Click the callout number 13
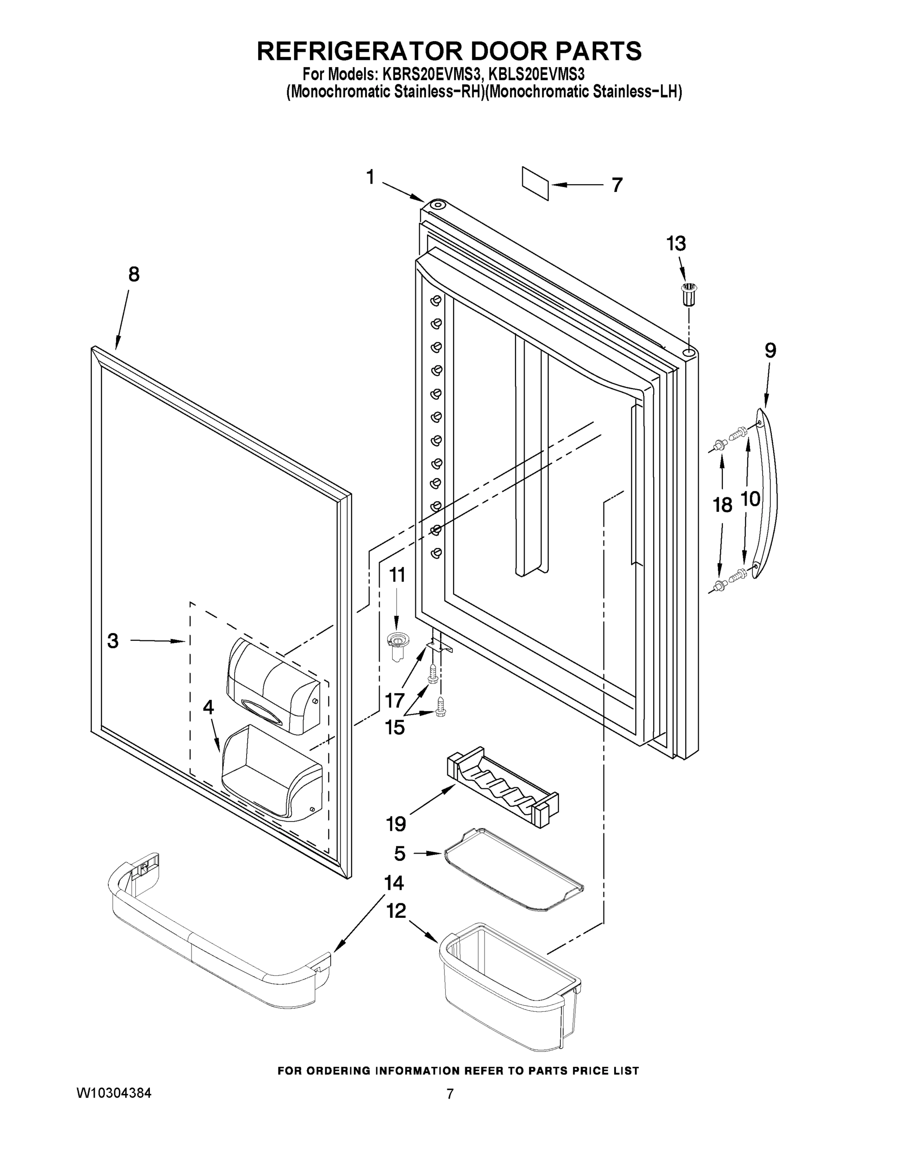[x=676, y=244]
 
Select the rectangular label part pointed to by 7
[x=535, y=183]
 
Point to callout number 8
[x=133, y=274]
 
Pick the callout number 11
[x=397, y=575]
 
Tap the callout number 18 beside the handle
[x=722, y=505]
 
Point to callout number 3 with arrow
[x=113, y=641]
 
